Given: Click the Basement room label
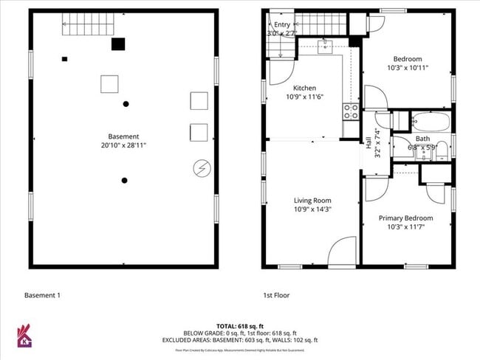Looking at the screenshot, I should pos(123,136).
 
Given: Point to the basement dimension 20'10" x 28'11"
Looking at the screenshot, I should pos(123,145).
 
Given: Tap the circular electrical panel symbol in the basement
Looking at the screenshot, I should pos(200,168).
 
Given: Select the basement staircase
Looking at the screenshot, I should pos(87,26).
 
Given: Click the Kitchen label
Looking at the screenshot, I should pos(305,88).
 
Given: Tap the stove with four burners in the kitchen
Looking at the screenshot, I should pos(351,111).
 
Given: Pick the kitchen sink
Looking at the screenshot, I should pos(326,47).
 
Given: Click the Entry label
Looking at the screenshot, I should pos(283,24).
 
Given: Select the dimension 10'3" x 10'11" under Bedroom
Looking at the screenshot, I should pos(408,68).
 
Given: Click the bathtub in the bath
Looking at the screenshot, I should pos(428,121).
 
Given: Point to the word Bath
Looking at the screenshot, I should pos(422,138).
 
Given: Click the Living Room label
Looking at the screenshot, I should pos(312,200).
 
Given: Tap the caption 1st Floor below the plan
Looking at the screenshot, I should pos(277,295).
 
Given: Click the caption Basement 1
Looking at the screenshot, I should pos(42,295).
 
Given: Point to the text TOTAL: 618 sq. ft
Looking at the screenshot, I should pos(240,326).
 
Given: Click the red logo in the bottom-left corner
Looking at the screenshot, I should pos(24,336).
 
